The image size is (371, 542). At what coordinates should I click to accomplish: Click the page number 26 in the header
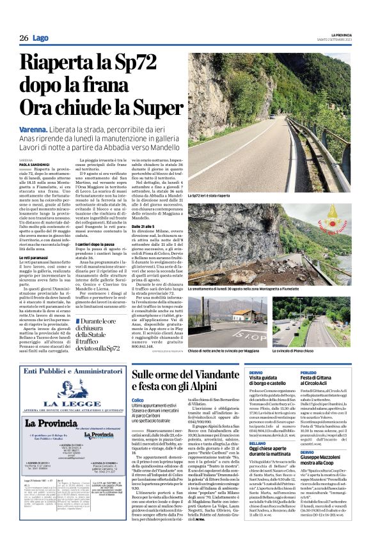(23, 38)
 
